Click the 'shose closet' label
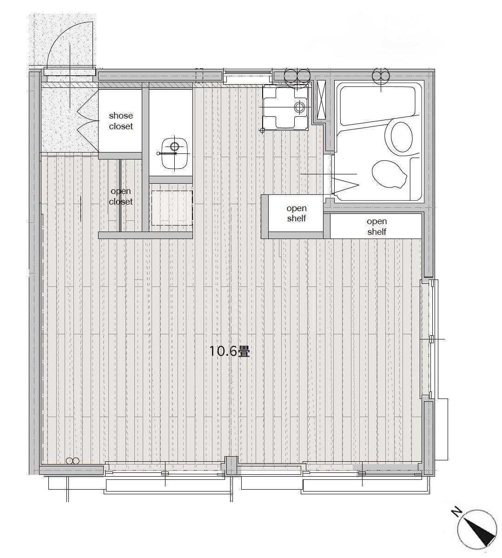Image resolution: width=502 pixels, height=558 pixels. point(121,121)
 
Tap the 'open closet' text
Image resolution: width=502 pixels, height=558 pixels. point(121,196)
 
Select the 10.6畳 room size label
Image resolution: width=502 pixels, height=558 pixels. point(229,352)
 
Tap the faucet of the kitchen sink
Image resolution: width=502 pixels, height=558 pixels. point(300,106)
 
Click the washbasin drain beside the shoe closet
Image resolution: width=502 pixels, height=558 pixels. point(175,146)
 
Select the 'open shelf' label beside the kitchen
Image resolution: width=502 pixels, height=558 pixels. point(297,213)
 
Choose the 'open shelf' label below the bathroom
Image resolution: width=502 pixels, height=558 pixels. point(376,226)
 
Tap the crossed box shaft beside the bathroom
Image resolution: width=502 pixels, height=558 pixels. point(321,100)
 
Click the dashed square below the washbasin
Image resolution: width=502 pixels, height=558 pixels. point(172,208)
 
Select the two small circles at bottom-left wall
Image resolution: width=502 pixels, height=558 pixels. point(73,461)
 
